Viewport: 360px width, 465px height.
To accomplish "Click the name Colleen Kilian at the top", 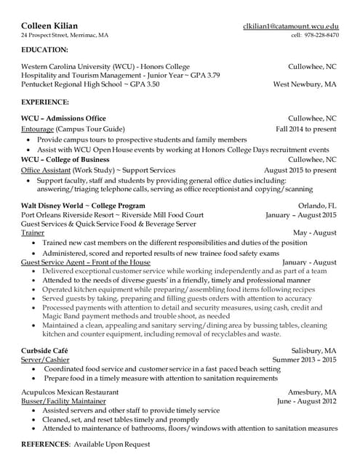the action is [x=51, y=25].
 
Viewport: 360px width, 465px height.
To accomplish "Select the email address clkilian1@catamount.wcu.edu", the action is [x=291, y=25].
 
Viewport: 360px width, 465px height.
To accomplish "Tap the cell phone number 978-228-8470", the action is [x=321, y=34].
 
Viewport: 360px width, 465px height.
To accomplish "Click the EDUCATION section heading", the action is [x=45, y=50].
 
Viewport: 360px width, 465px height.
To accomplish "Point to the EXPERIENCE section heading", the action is [x=46, y=102].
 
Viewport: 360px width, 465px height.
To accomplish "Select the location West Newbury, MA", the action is [x=305, y=84].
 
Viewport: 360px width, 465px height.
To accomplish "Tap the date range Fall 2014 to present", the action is [x=306, y=129].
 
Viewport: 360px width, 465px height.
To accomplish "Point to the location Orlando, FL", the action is [x=317, y=206].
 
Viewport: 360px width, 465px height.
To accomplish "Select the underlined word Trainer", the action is [x=33, y=233].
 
